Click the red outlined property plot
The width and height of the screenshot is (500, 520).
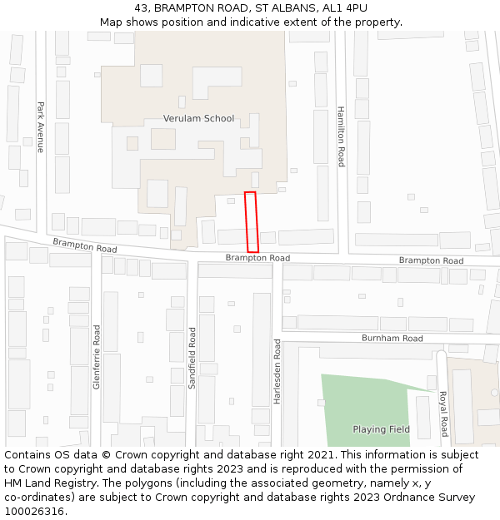pyautogui.click(x=251, y=222)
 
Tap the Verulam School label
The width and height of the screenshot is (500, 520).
pyautogui.click(x=198, y=118)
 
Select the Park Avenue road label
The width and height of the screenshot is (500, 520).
pyautogui.click(x=40, y=127)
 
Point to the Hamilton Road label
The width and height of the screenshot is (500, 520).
pyautogui.click(x=340, y=136)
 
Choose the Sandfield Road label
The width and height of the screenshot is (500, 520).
pyautogui.click(x=192, y=359)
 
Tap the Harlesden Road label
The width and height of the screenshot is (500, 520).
pyautogui.click(x=277, y=371)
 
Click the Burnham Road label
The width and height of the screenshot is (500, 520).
pyautogui.click(x=392, y=339)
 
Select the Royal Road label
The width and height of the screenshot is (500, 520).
pyautogui.click(x=443, y=414)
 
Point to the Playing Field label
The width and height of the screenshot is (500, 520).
pyautogui.click(x=381, y=429)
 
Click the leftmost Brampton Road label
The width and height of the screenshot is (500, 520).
pyautogui.click(x=84, y=245)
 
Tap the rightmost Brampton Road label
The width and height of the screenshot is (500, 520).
pyautogui.click(x=431, y=260)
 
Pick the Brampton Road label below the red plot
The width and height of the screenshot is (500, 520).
pyautogui.click(x=257, y=259)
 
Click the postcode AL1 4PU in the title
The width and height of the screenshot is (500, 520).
pyautogui.click(x=344, y=7)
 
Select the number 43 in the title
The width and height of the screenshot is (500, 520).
pyautogui.click(x=139, y=7)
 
